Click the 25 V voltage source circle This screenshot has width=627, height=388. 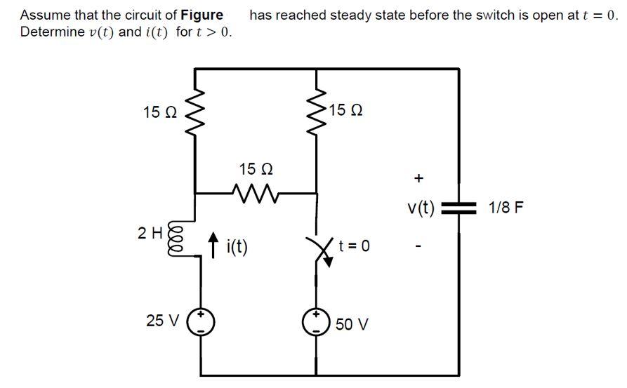(x=201, y=322)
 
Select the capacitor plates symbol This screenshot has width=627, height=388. (x=459, y=208)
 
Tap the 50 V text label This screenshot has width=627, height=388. (x=352, y=324)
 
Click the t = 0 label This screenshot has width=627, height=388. (x=354, y=246)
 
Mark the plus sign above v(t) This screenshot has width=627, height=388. (x=418, y=179)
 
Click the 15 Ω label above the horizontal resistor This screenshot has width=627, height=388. (x=256, y=169)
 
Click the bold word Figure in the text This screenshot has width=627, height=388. (x=202, y=15)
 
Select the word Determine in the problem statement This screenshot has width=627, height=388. (x=50, y=33)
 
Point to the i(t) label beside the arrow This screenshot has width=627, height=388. (x=236, y=248)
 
